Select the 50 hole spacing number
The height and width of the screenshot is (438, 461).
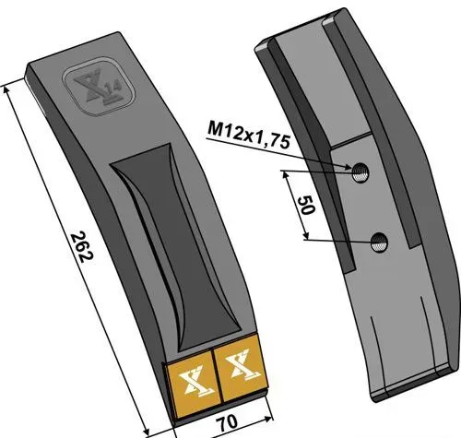pos(306,206)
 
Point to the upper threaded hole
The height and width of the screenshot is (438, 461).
pos(361,173)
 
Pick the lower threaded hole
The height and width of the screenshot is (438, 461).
pos(379,242)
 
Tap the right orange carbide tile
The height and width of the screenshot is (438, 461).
pos(241,368)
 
